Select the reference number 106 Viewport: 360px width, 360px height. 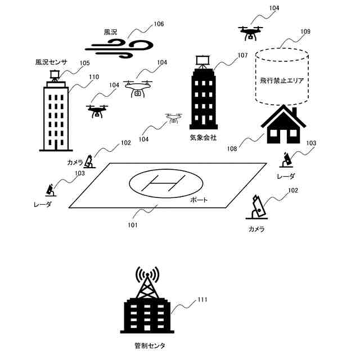(x=159, y=24)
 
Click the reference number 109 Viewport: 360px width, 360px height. (x=305, y=31)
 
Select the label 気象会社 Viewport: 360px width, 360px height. (x=202, y=137)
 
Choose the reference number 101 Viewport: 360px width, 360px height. (x=133, y=226)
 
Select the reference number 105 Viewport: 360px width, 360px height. (x=85, y=63)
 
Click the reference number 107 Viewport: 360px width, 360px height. (x=242, y=55)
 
